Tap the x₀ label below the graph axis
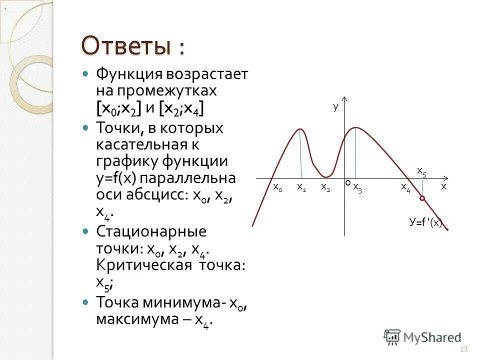tap(277, 187)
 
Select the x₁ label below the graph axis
tap(301, 187)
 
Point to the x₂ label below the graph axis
tap(325, 187)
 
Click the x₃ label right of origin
tap(357, 187)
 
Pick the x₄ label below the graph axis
tap(405, 187)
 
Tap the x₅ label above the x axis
tap(421, 171)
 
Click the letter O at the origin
tap(347, 183)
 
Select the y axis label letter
tap(335, 106)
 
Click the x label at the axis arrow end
tap(443, 186)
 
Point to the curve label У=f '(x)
tap(425, 223)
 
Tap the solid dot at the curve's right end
tap(446, 229)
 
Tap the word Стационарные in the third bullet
tap(151, 232)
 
